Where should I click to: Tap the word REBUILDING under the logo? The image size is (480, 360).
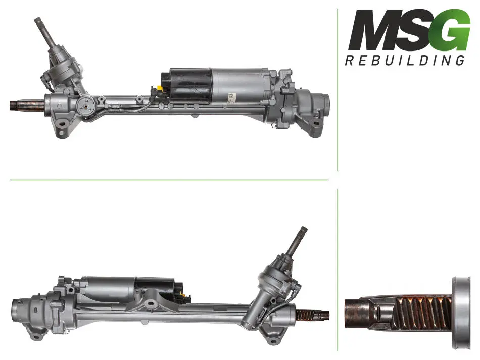405,60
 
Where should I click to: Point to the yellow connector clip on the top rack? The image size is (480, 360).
159,89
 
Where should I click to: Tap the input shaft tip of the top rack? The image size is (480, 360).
38,21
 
